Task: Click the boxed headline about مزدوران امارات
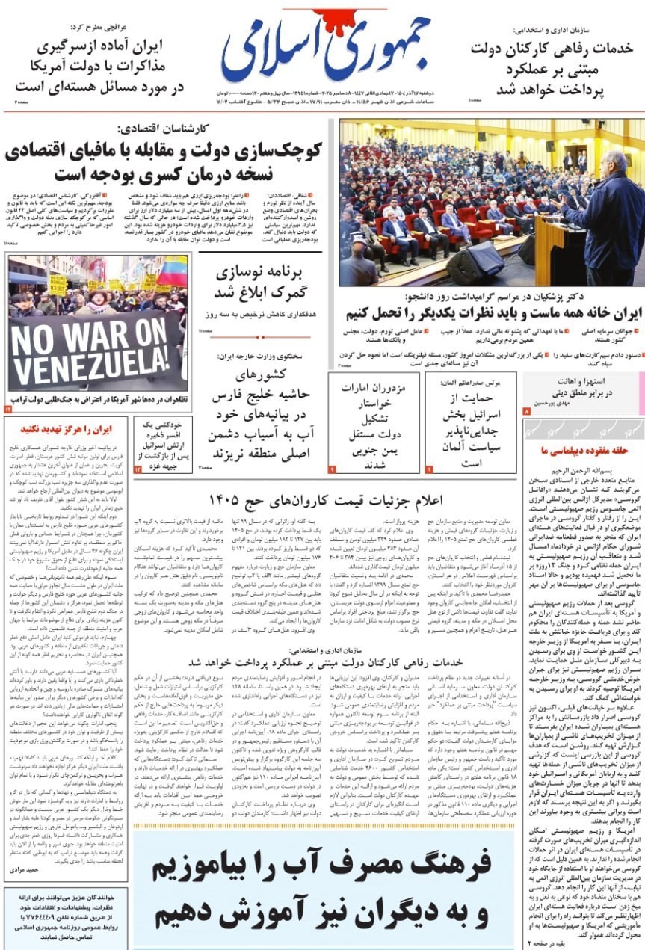pos(373,423)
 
